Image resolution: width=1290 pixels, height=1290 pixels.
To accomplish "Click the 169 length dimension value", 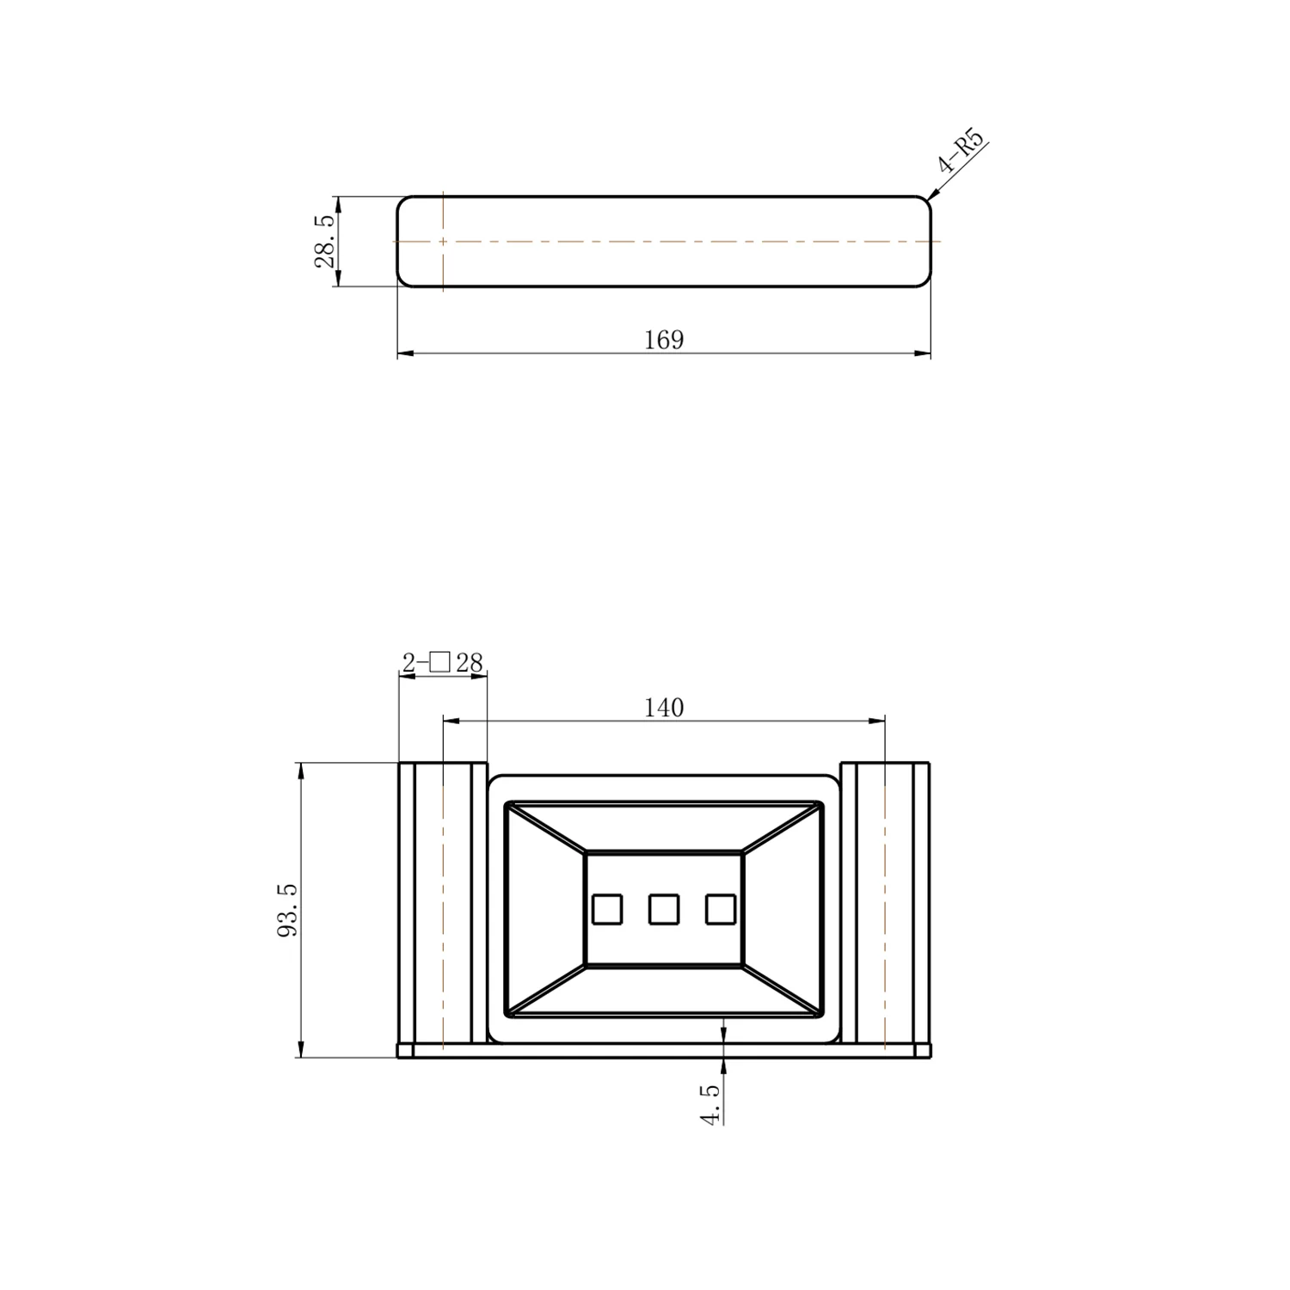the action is click(664, 341).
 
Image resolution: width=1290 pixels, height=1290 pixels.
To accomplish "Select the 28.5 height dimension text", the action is click(325, 242).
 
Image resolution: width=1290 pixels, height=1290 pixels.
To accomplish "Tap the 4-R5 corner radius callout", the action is click(960, 151).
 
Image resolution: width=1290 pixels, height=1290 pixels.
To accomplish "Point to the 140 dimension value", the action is click(664, 708).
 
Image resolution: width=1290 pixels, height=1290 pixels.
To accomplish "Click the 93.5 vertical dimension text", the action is click(288, 910).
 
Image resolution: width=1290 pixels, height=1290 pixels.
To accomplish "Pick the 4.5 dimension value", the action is click(710, 1104).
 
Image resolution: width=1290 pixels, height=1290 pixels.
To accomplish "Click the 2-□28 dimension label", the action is click(443, 662).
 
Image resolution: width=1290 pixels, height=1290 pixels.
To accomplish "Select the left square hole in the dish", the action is click(607, 909).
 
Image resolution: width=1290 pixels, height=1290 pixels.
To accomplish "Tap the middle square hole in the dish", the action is click(664, 909).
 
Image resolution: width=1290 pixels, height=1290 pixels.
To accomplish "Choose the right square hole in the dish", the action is click(721, 909).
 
